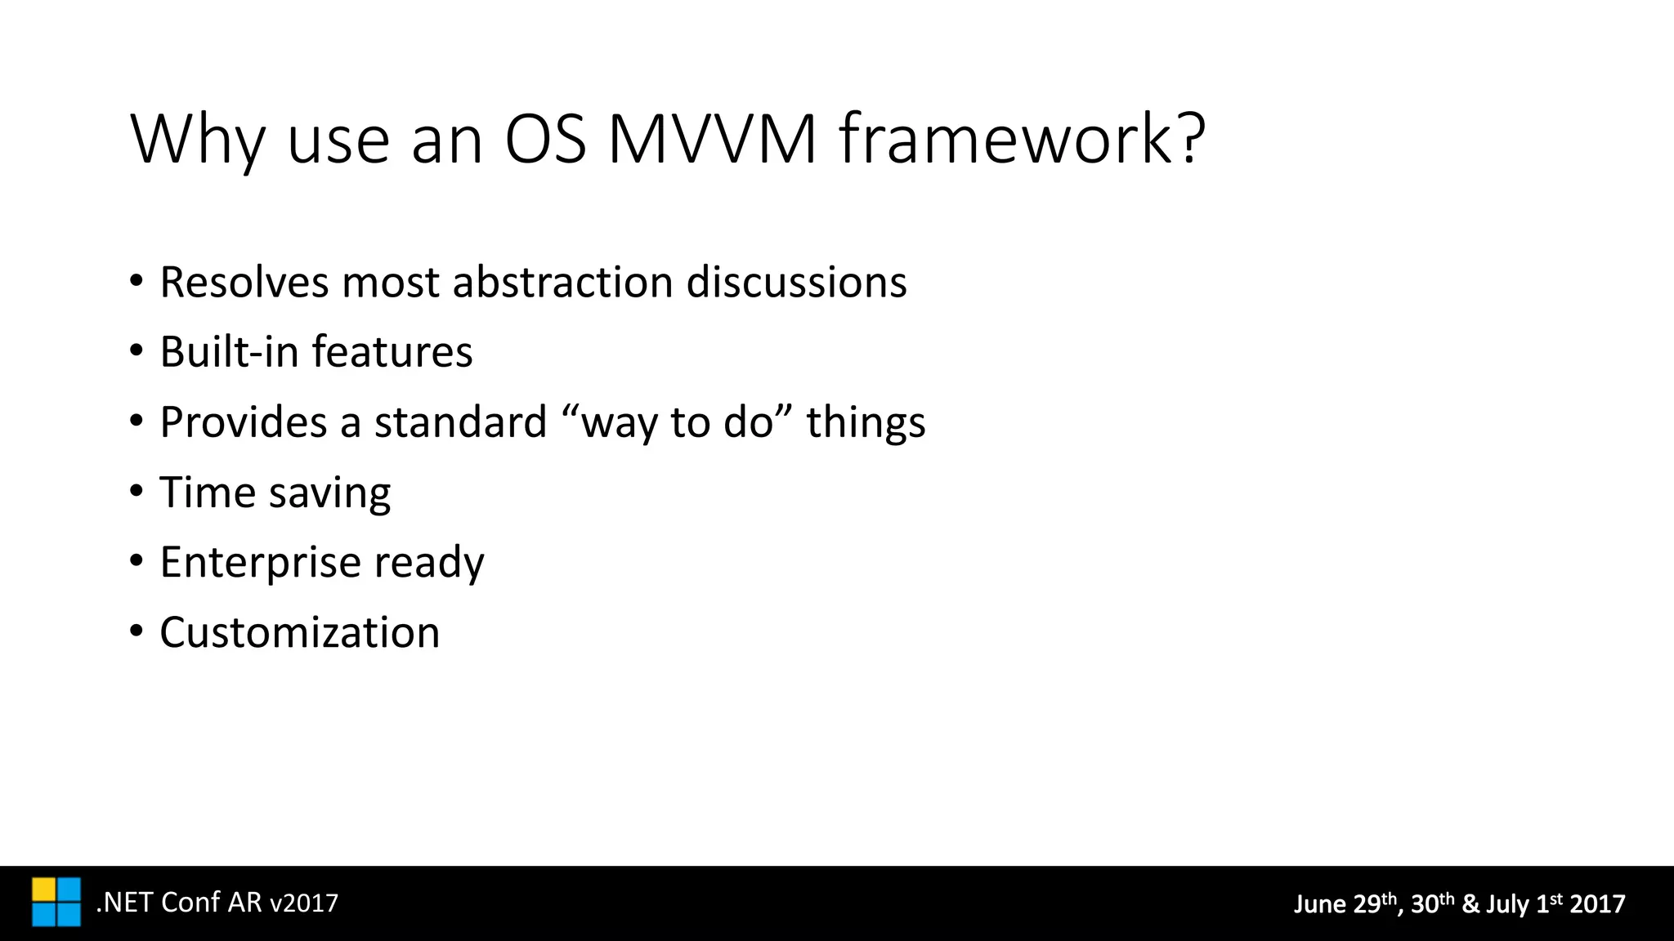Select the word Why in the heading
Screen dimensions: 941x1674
pyautogui.click(x=196, y=140)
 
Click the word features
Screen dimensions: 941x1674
pyautogui.click(x=392, y=352)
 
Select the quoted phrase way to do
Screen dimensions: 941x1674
pyautogui.click(x=677, y=422)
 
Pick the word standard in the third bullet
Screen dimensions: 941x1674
pyautogui.click(x=460, y=422)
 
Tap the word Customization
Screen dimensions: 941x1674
pyautogui.click(x=299, y=633)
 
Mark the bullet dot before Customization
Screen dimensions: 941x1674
pyautogui.click(x=136, y=632)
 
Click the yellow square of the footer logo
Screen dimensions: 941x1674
pyautogui.click(x=44, y=890)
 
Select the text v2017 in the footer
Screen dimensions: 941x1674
pyautogui.click(x=303, y=903)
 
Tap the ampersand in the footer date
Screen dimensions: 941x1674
pyautogui.click(x=1470, y=904)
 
